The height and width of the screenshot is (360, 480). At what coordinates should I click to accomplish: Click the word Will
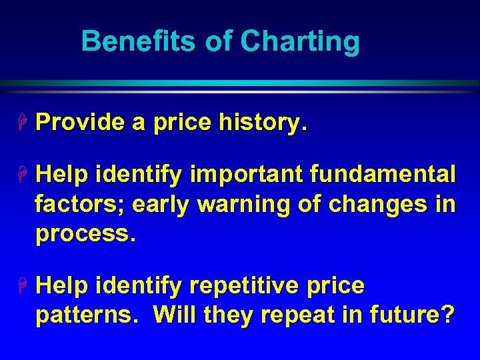[x=174, y=315]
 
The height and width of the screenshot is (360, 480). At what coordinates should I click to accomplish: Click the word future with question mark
[x=414, y=315]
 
